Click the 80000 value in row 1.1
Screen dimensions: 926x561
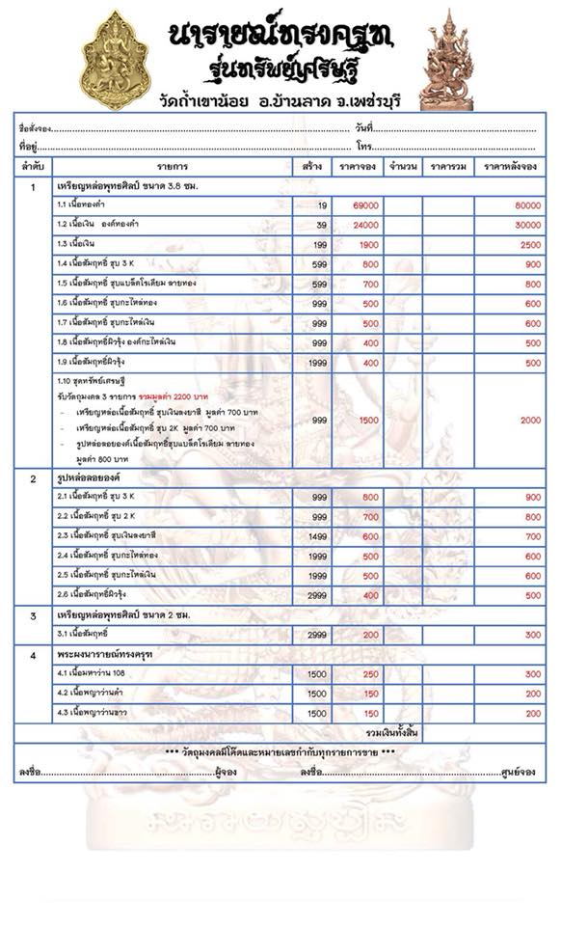click(x=527, y=205)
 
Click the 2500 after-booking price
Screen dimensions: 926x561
click(x=530, y=244)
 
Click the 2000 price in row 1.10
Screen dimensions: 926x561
click(x=530, y=421)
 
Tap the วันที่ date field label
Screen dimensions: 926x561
click(x=363, y=127)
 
